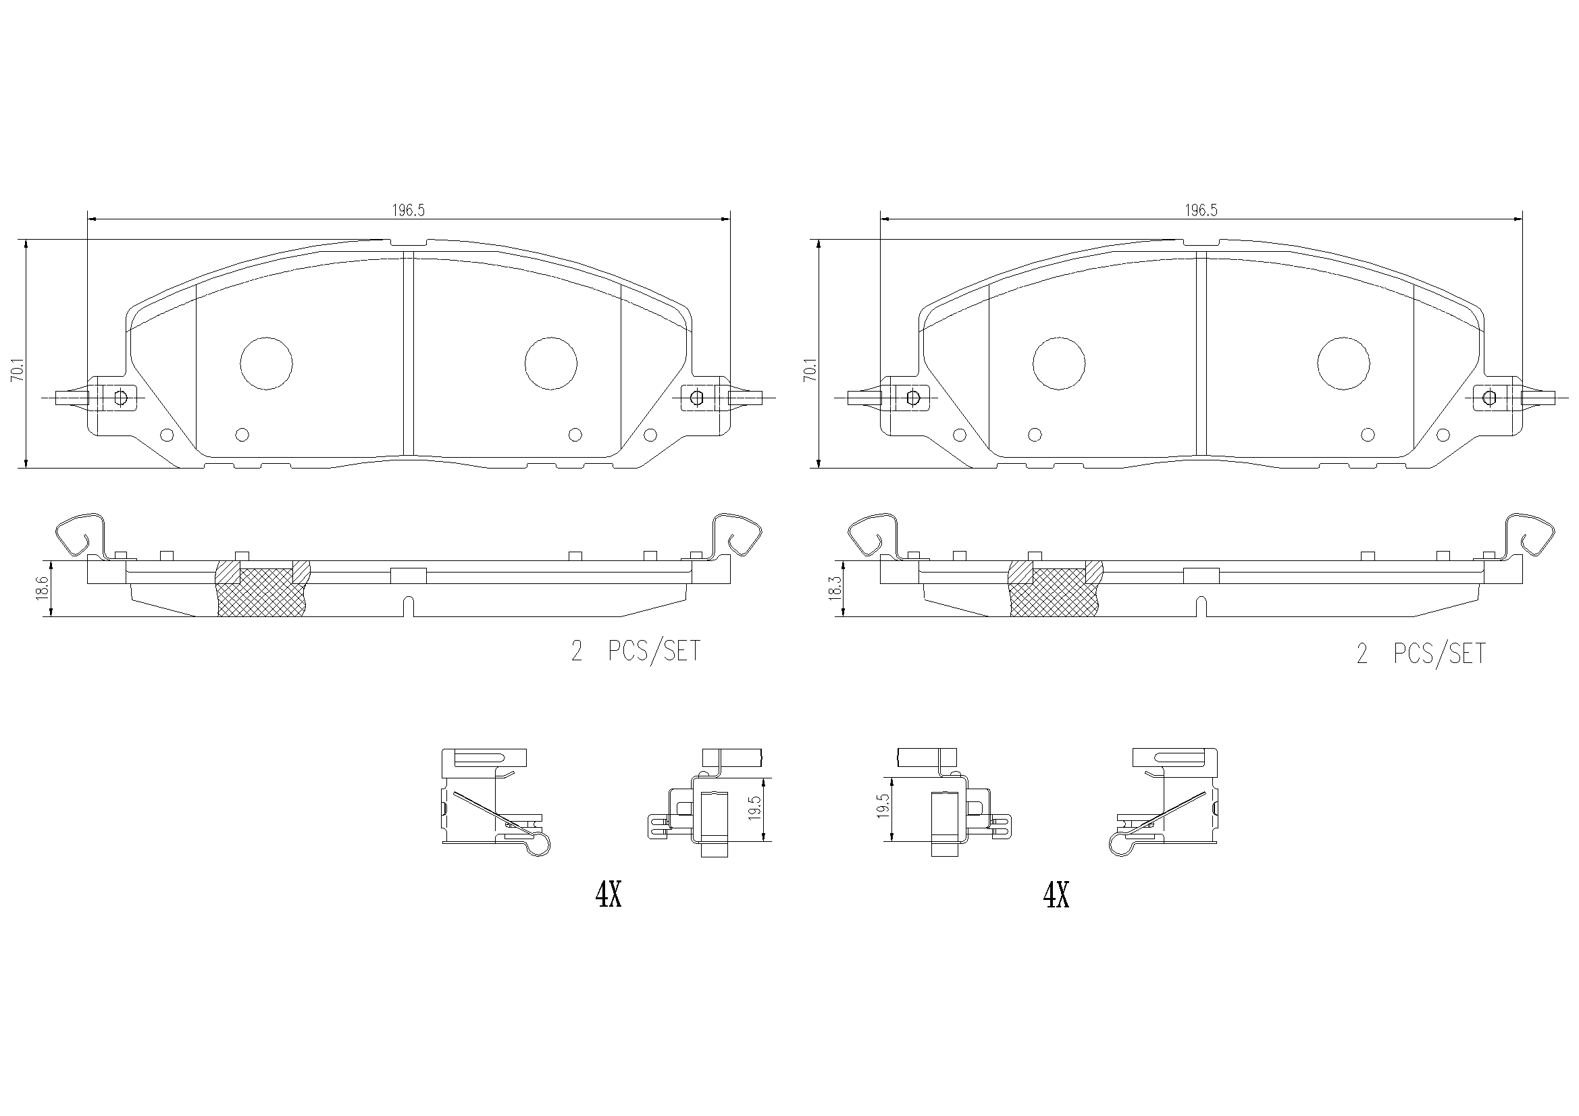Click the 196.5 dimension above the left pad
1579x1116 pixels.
[x=409, y=211]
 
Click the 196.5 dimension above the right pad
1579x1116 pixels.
[x=1201, y=211]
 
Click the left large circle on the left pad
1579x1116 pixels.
[x=266, y=364]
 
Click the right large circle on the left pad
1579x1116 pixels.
[x=551, y=364]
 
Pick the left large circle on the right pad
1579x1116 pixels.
[x=1059, y=364]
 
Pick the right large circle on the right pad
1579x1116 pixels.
[x=1344, y=364]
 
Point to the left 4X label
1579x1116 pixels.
[x=609, y=895]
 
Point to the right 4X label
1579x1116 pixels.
[x=1056, y=895]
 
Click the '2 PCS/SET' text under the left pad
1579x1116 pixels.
[x=636, y=650]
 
